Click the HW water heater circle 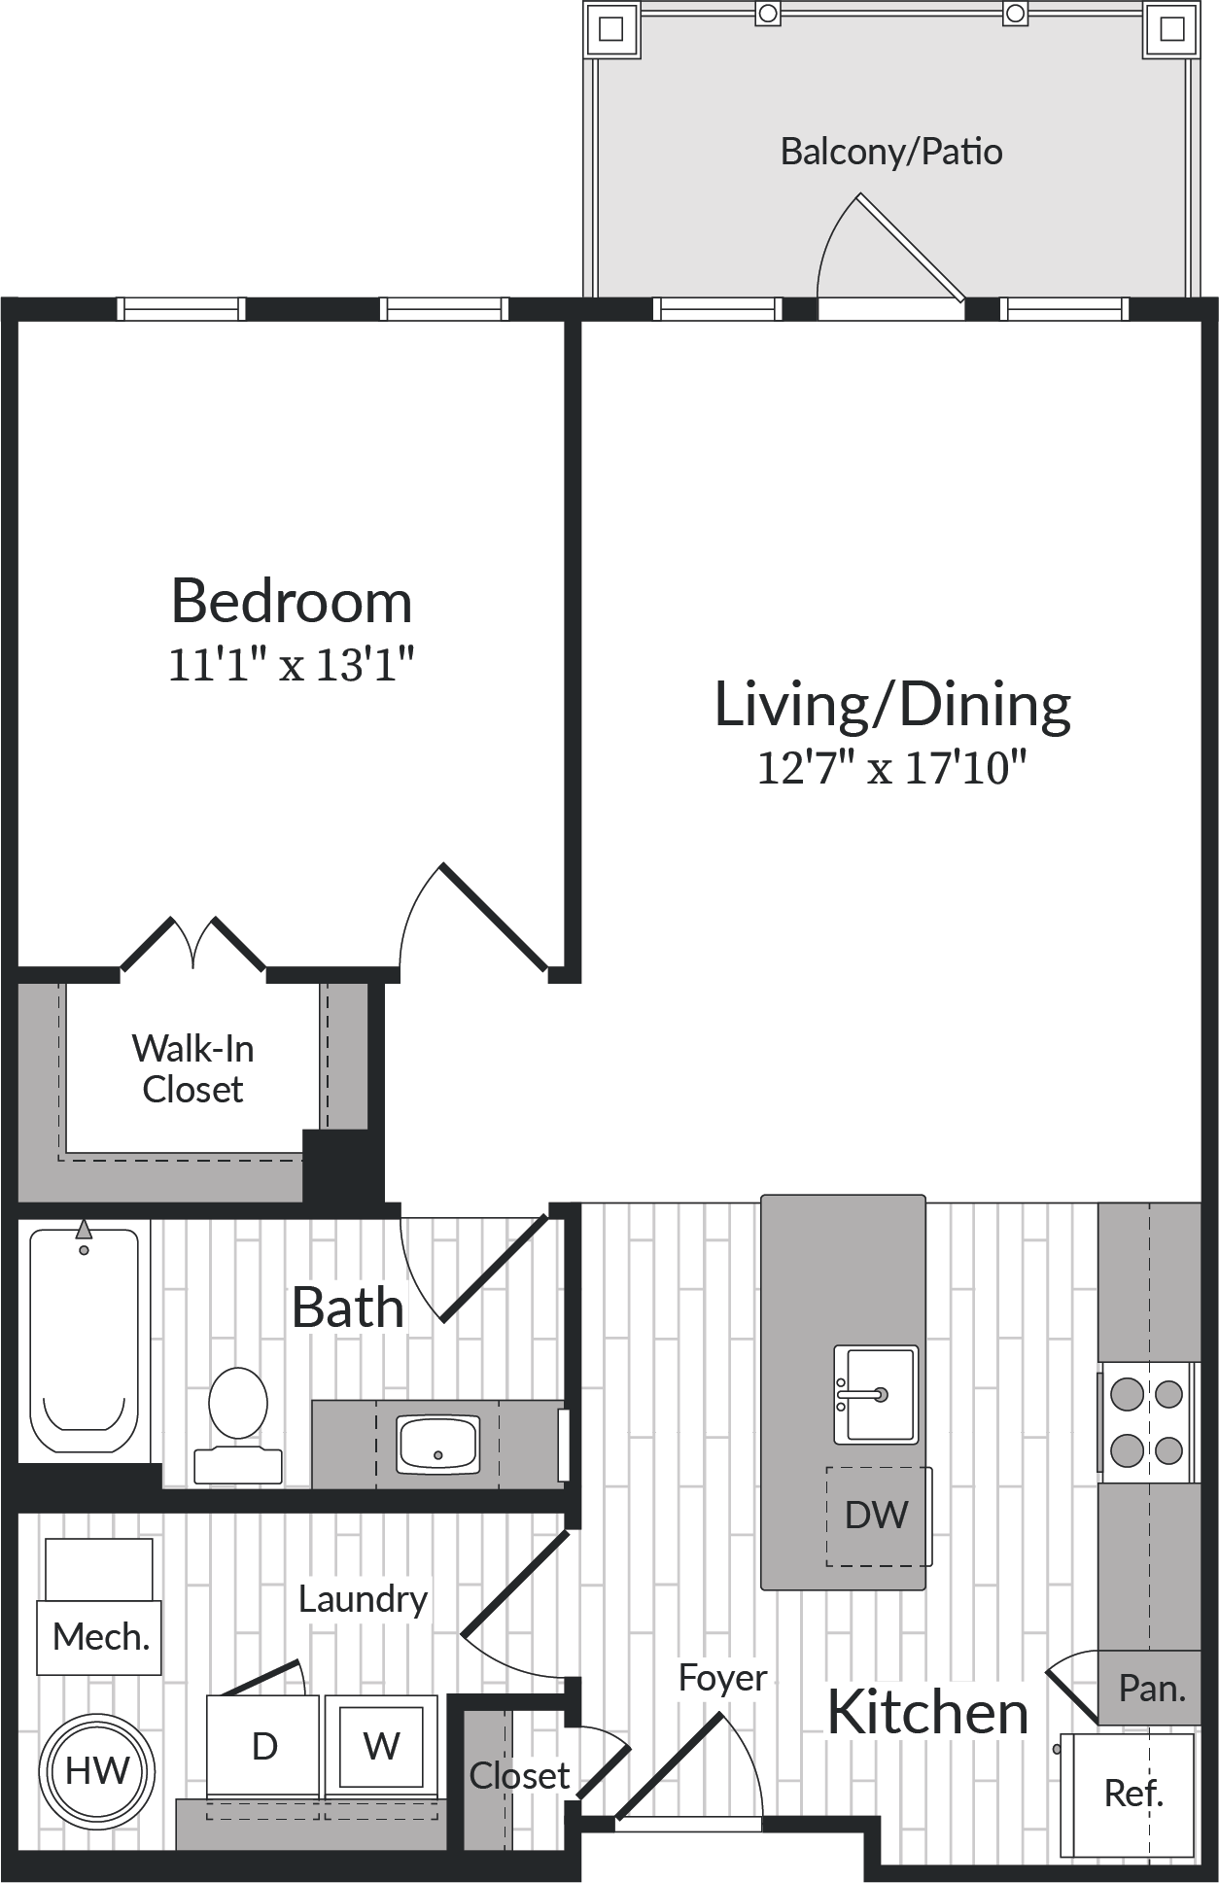[97, 1770]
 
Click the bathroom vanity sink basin [437, 1444]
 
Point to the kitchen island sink [876, 1394]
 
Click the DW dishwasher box [876, 1516]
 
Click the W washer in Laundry [381, 1746]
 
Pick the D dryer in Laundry [263, 1746]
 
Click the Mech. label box [99, 1637]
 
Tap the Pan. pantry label [1151, 1689]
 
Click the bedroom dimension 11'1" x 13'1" [292, 665]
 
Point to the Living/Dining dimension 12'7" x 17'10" [891, 768]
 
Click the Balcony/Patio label [891, 152]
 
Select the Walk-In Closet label [192, 1068]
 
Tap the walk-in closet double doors [192, 945]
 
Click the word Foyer [722, 1678]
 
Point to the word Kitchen [927, 1712]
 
